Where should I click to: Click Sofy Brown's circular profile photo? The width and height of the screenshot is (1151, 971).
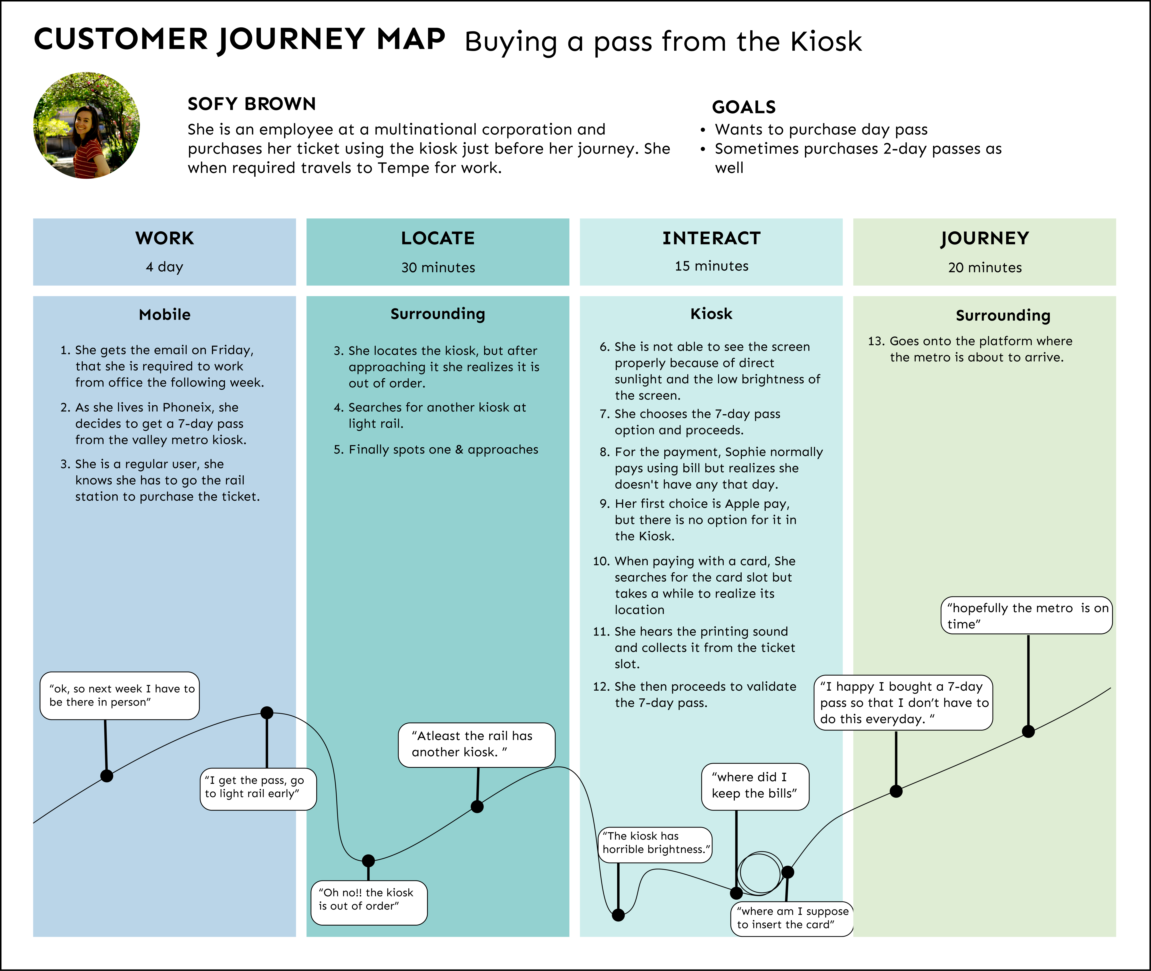click(x=86, y=126)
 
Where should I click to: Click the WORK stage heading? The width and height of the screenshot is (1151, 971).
click(x=165, y=238)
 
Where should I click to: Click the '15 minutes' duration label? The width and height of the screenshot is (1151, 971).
click(x=712, y=267)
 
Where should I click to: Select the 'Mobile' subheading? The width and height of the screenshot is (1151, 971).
click(x=165, y=315)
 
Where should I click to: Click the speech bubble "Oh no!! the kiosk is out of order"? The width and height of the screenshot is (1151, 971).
click(x=369, y=903)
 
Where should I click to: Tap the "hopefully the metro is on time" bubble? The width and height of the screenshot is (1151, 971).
click(x=1026, y=615)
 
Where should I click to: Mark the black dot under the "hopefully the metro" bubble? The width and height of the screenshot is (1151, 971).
click(x=1028, y=732)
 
